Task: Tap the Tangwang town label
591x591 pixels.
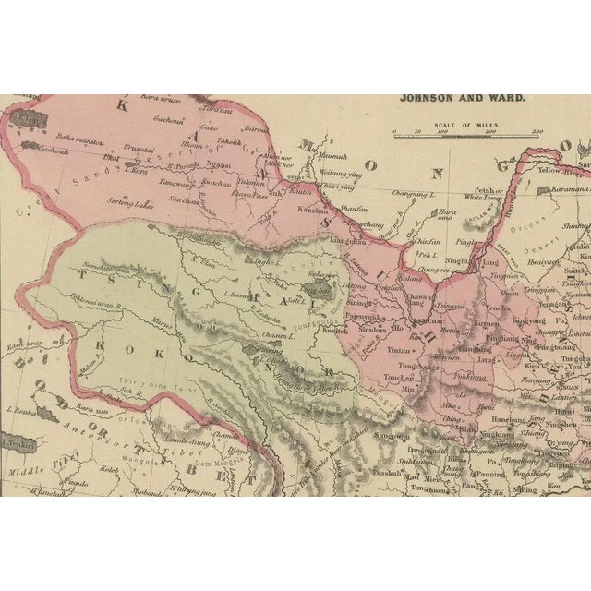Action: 176,183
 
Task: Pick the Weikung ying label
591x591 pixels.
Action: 340,173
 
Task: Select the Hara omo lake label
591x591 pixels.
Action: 446,212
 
